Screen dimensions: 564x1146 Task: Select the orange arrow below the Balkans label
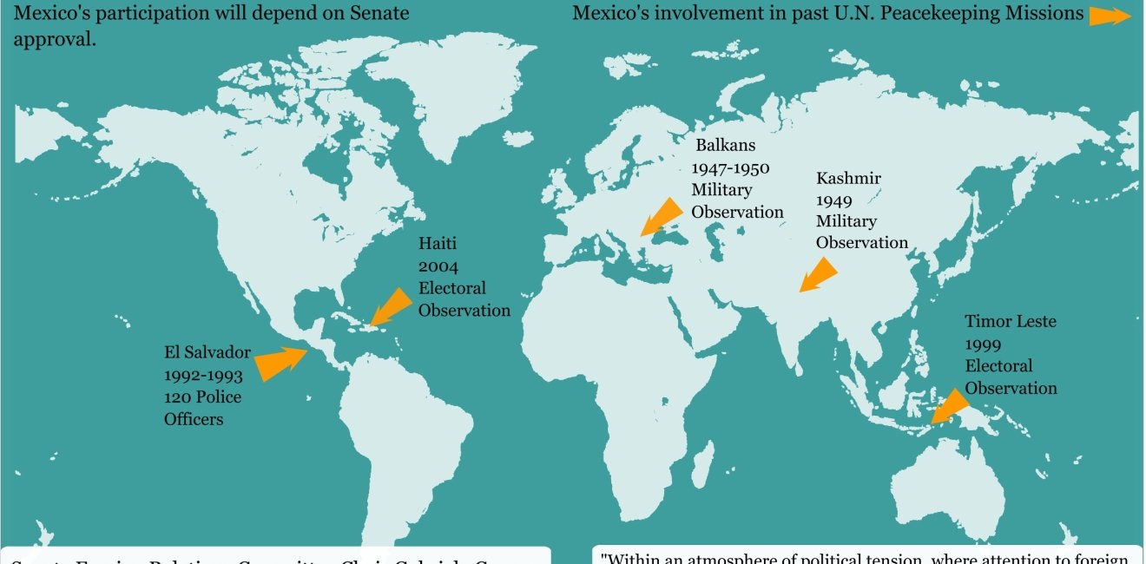pos(662,216)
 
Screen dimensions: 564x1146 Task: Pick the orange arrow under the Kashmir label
pos(818,274)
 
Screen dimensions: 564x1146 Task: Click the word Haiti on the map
pos(438,244)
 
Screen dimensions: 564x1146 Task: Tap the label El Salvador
pos(207,352)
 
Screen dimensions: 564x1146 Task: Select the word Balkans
pos(725,145)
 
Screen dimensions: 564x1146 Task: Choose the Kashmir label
pos(848,178)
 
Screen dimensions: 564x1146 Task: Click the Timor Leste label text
pos(1011,321)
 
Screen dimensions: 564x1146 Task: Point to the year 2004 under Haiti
pos(438,266)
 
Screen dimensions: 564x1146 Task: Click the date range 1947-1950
pos(730,167)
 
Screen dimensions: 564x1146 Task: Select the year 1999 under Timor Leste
pos(984,344)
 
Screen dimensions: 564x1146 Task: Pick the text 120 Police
pos(202,397)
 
